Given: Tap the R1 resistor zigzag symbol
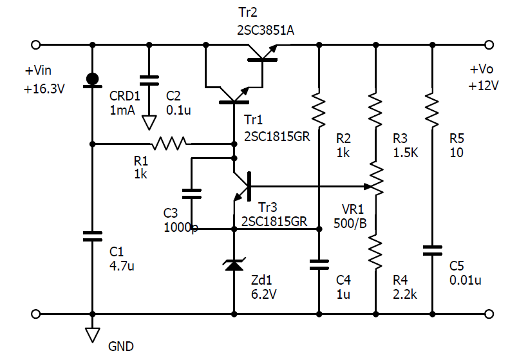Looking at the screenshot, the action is click(169, 143).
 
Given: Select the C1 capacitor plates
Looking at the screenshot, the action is click(93, 236).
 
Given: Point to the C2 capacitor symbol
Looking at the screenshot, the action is click(149, 81).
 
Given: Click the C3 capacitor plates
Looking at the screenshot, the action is click(192, 194).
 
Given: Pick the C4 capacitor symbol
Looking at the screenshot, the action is click(319, 265).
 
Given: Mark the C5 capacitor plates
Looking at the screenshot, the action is click(432, 251).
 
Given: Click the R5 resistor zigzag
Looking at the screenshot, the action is click(432, 109).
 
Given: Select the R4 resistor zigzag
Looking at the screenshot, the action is click(376, 251).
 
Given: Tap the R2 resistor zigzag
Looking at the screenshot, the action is click(319, 109).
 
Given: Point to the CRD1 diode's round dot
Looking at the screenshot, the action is click(93, 79).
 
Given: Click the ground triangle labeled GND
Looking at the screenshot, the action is click(93, 335).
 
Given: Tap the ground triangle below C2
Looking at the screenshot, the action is click(149, 123).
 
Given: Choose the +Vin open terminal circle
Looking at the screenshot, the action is click(35, 45).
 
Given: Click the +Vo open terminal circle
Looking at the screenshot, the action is click(489, 45).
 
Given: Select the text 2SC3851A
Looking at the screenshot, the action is click(266, 31).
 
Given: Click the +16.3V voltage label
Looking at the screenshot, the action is click(44, 90).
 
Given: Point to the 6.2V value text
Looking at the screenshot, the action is click(263, 294).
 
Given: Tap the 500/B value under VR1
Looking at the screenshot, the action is click(350, 223).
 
